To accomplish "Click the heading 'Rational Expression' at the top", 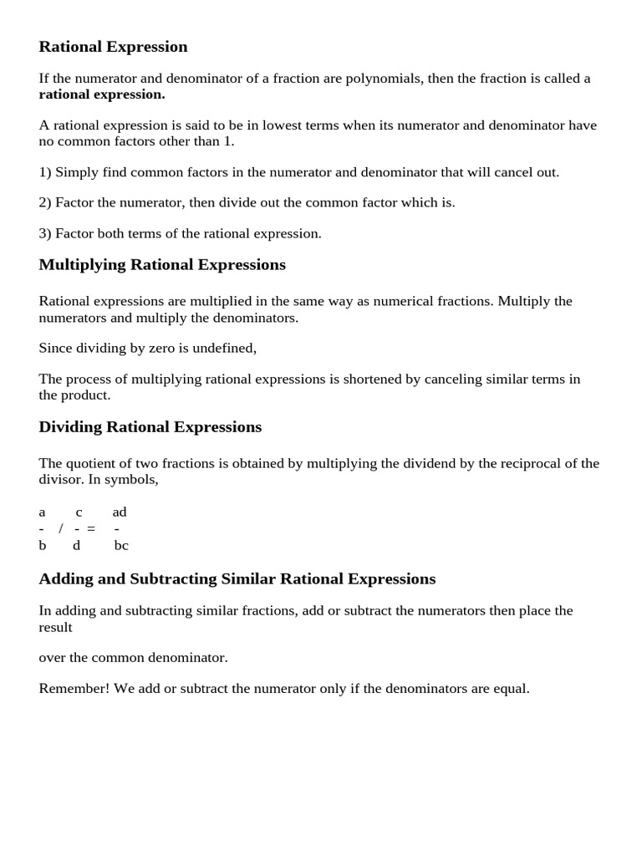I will point(113,47).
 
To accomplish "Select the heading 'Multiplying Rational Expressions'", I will point(162,265).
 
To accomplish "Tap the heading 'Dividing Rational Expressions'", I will point(150,427).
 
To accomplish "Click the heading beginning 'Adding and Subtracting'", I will point(237,578).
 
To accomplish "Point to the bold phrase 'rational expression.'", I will point(102,94).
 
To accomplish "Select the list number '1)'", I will point(45,172).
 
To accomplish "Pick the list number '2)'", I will point(45,202).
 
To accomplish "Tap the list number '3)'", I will point(45,233).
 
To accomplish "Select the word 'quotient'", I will point(92,463).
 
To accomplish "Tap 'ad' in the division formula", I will point(120,512).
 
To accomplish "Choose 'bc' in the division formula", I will point(121,546).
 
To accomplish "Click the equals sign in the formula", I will point(90,529).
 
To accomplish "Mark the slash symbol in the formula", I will point(61,529).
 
